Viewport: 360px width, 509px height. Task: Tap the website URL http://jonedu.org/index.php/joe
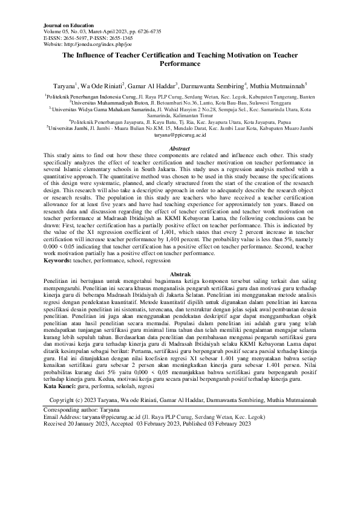[102, 44]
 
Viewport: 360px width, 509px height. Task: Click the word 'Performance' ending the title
[179, 63]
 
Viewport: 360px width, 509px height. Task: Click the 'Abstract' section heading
[179, 149]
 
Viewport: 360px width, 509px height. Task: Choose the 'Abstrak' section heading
[179, 274]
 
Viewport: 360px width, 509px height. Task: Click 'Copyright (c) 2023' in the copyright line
[77, 400]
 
